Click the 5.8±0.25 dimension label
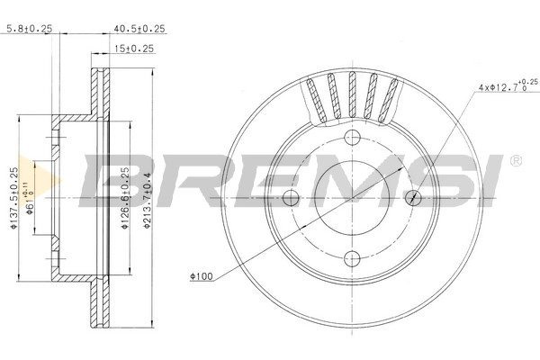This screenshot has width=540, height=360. coord(30,28)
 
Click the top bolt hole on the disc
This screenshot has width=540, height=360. coord(352,137)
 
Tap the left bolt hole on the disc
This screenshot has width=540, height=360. coord(290,198)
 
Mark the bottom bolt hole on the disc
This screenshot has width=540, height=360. coord(352,259)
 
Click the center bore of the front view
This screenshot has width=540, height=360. coord(352,198)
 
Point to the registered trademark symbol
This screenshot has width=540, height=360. coord(516,160)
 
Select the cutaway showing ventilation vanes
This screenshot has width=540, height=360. coord(352,97)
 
